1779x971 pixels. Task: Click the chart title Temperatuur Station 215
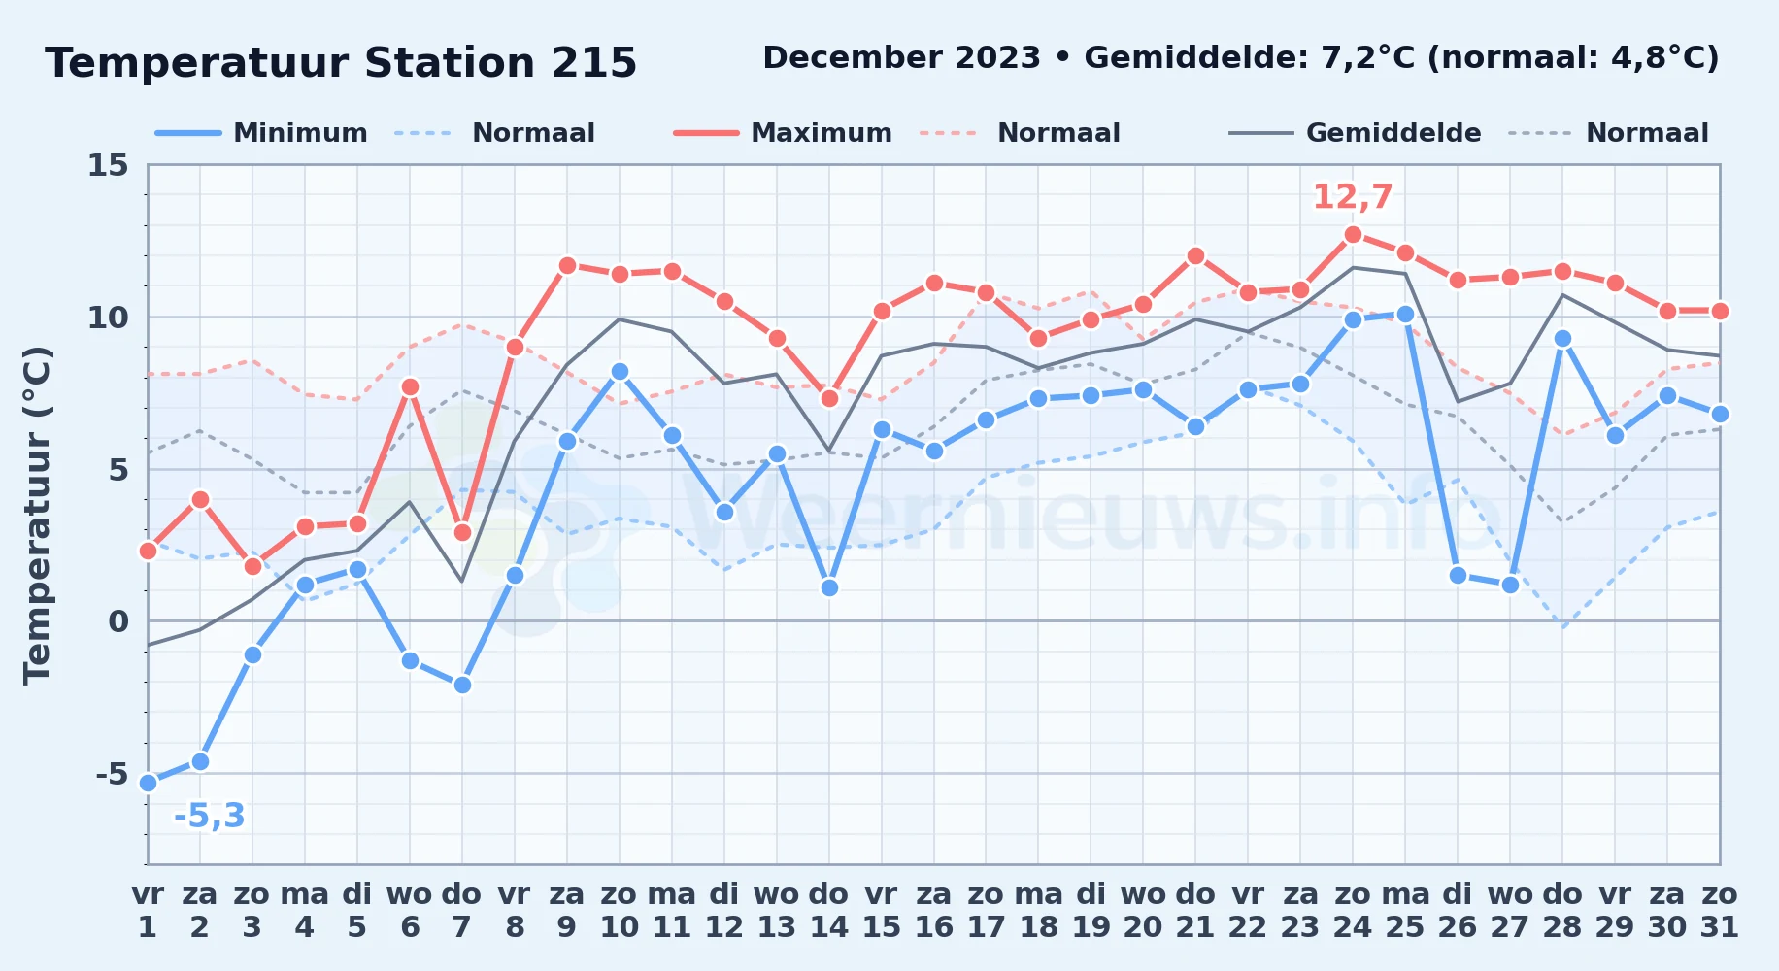tap(341, 63)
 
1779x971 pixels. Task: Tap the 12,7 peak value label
tap(1353, 197)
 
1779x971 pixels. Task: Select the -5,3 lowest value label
tap(209, 816)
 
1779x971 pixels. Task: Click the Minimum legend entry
tap(261, 133)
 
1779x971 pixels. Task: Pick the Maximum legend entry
tap(783, 133)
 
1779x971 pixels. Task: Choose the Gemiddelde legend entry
tap(1356, 133)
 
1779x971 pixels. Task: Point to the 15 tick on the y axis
tap(108, 165)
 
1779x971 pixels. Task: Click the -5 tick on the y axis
tap(112, 774)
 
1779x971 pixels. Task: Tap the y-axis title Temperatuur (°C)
tap(37, 515)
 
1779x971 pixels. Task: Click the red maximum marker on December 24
tap(1353, 235)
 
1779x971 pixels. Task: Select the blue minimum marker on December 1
tap(148, 783)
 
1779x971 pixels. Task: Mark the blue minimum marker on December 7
tap(462, 686)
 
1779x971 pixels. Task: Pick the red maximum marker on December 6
tap(410, 387)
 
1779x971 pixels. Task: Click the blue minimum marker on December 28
tap(1562, 339)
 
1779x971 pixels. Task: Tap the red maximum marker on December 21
tap(1195, 256)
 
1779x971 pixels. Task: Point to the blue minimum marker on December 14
tap(829, 587)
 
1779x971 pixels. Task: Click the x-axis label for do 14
tap(829, 911)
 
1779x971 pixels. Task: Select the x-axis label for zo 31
tap(1719, 911)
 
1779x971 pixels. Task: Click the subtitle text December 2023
tap(901, 58)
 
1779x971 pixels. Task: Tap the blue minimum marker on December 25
tap(1405, 315)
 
